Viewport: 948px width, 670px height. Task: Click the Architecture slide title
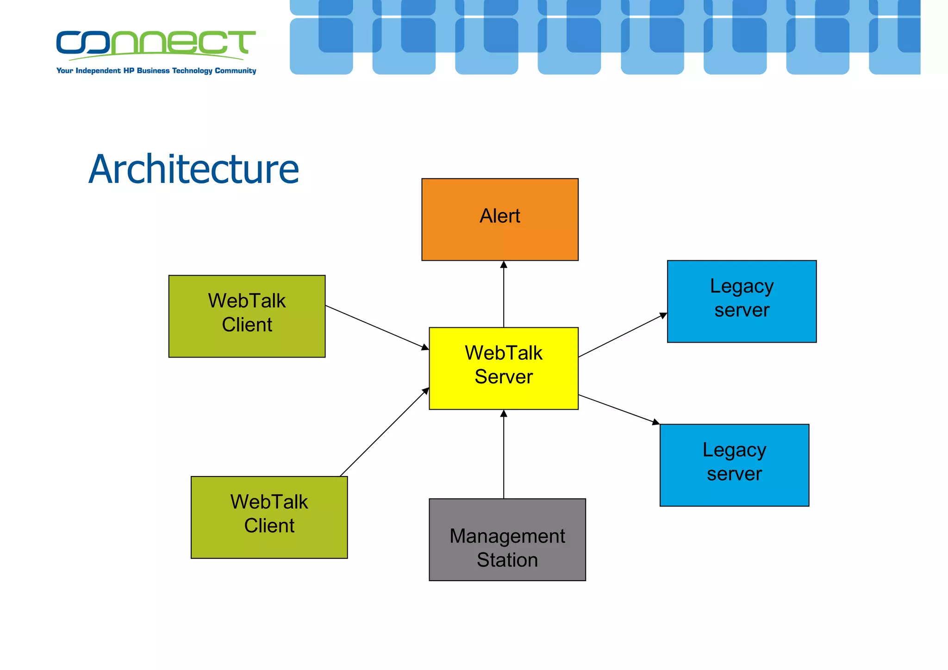pos(193,169)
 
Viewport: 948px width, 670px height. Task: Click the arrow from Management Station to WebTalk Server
pos(504,454)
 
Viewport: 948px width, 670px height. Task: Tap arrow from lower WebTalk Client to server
pos(384,432)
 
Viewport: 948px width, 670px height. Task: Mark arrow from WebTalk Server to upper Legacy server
pos(623,335)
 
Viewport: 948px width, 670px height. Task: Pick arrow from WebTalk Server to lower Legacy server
pos(619,409)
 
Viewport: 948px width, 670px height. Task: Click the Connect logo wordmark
pos(156,44)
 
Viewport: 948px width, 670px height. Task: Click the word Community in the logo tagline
pos(235,71)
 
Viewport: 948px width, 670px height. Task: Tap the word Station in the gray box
pos(507,560)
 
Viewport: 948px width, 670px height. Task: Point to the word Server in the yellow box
pos(504,377)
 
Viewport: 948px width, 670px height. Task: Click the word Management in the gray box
pos(507,536)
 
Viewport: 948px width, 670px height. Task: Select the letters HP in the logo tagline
pos(129,71)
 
